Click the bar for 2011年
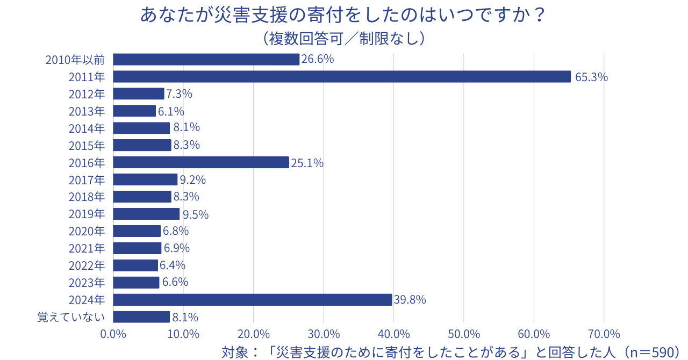342,77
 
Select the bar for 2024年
253,300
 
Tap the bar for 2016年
201,162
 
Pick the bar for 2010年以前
206,60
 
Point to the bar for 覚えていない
141,317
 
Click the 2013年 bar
134,111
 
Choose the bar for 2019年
146,214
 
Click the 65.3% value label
591,77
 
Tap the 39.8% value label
410,300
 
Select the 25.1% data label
307,163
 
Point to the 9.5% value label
195,214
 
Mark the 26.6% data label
318,59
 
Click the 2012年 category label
87,94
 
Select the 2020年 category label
87,231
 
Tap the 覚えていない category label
71,317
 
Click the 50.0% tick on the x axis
463,334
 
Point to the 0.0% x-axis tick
113,334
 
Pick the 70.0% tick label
604,334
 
